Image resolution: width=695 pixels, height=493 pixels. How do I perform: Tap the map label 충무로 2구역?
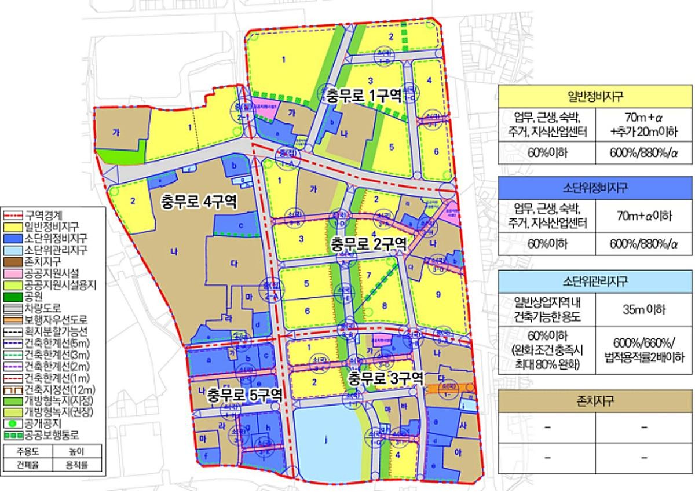[368, 244]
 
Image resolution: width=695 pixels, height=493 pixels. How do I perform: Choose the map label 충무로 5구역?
[246, 395]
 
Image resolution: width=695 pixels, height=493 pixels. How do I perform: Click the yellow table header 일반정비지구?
[595, 96]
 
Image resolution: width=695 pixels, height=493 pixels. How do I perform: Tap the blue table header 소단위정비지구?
[595, 188]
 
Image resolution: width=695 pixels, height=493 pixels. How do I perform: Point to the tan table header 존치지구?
[595, 400]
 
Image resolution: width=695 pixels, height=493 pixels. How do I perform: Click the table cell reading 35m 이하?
[643, 309]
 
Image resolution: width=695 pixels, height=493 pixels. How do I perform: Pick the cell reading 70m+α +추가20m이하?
[643, 125]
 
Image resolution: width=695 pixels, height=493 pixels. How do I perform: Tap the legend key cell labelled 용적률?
[77, 464]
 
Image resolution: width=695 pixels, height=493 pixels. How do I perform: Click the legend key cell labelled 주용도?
[28, 451]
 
